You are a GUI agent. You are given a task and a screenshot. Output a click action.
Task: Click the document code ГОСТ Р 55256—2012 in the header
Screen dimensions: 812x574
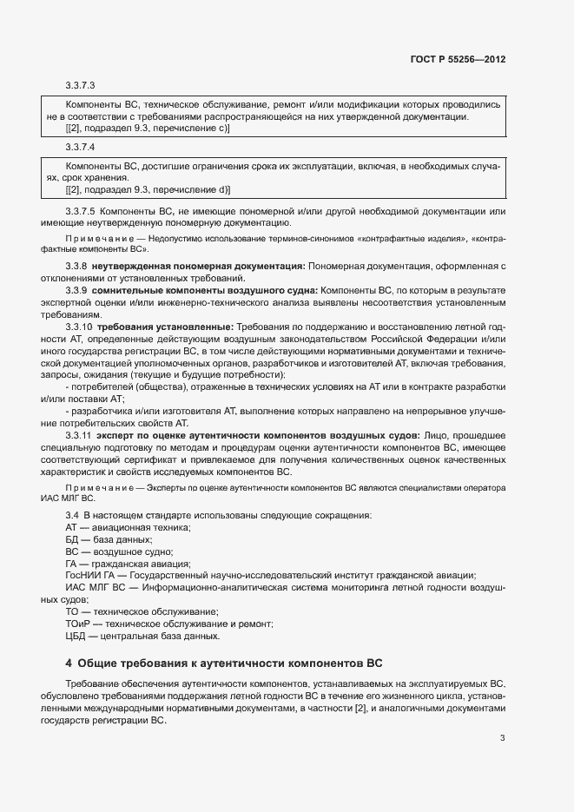[x=457, y=60]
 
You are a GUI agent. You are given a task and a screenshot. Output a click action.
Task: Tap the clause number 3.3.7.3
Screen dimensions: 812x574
[x=80, y=86]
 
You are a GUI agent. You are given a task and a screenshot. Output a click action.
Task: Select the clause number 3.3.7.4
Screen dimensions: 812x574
[x=80, y=148]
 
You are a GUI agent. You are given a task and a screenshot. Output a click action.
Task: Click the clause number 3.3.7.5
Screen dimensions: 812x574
[x=80, y=211]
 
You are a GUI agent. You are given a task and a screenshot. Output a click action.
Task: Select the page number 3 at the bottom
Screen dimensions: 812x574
[x=503, y=739]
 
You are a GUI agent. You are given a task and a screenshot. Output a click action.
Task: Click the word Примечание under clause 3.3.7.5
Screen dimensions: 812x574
[x=95, y=238]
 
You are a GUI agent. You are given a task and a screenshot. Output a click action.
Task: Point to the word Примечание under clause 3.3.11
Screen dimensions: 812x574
[x=95, y=489]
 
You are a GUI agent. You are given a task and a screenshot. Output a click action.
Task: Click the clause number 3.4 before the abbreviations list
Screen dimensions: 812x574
[x=72, y=516]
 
